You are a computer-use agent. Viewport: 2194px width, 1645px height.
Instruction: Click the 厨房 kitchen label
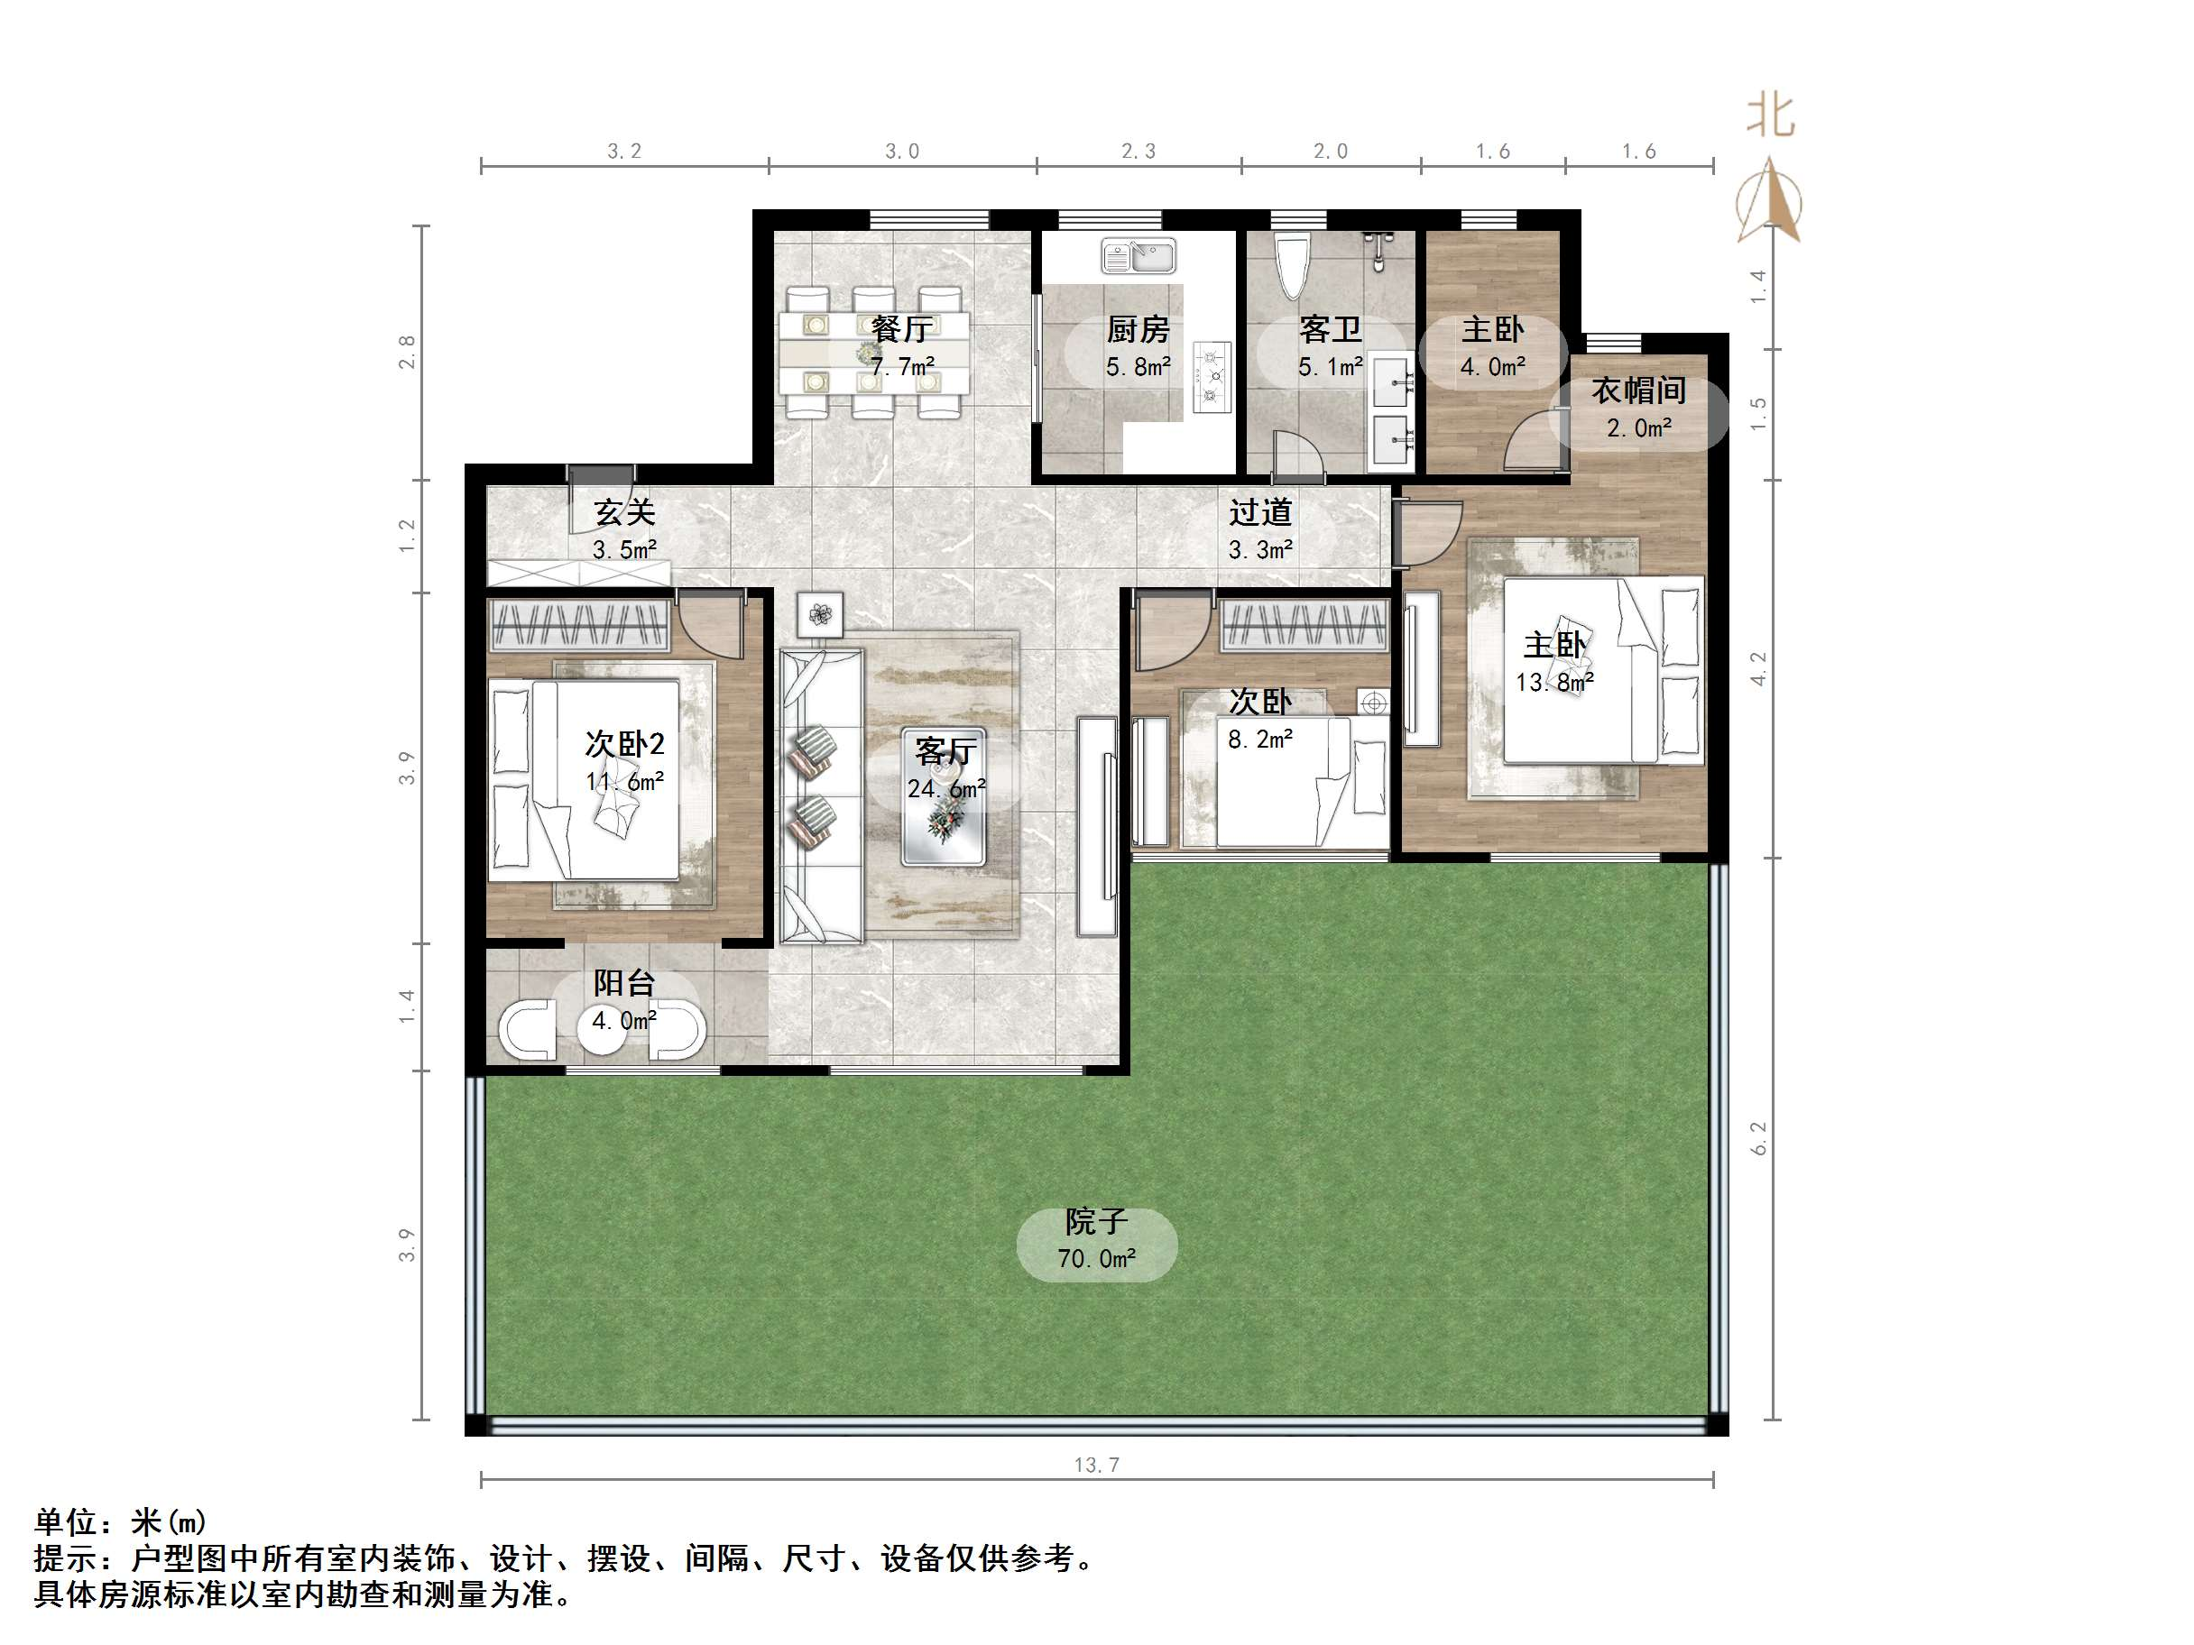pos(1138,329)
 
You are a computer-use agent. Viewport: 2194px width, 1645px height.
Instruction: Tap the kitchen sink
pos(1138,258)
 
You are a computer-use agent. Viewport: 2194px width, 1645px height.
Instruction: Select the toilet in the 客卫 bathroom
pos(1291,263)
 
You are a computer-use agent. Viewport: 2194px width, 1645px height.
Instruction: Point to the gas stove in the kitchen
pos(1211,376)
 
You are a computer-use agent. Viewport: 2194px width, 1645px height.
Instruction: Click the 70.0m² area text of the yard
pos(1096,1258)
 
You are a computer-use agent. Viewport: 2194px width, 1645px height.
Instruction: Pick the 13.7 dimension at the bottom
pos(1096,1465)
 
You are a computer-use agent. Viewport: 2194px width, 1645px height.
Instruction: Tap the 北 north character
pos(1771,116)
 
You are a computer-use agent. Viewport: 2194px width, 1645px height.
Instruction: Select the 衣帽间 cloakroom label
pos(1638,391)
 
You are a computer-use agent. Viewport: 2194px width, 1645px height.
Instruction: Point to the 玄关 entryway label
pos(625,512)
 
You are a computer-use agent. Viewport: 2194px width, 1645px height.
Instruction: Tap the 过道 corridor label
pos(1260,512)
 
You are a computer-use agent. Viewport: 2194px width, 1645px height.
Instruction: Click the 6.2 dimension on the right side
pos(1759,1137)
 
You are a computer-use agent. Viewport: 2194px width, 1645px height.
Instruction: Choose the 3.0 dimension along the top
pos(901,152)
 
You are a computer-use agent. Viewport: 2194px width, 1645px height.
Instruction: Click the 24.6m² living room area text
pos(945,789)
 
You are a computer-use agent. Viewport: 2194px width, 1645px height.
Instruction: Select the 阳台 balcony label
pos(625,983)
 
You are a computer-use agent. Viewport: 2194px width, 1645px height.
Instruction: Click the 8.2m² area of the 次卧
pos(1259,739)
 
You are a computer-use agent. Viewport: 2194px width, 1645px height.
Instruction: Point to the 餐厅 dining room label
pos(901,329)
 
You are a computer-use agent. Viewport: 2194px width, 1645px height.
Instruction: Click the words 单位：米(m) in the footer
pos(120,1521)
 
